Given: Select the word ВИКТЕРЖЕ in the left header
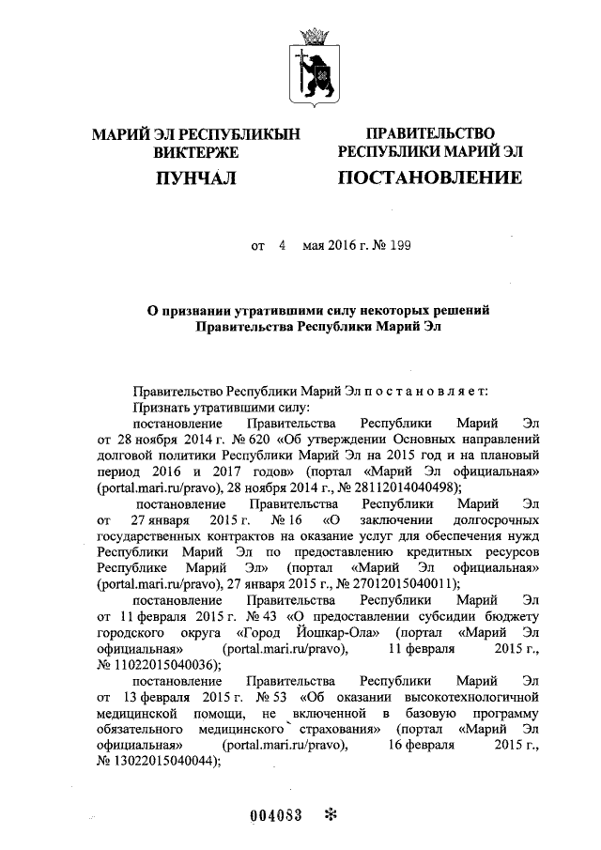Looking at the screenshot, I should coord(195,152).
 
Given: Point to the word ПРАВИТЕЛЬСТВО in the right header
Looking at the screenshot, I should coord(430,133).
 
